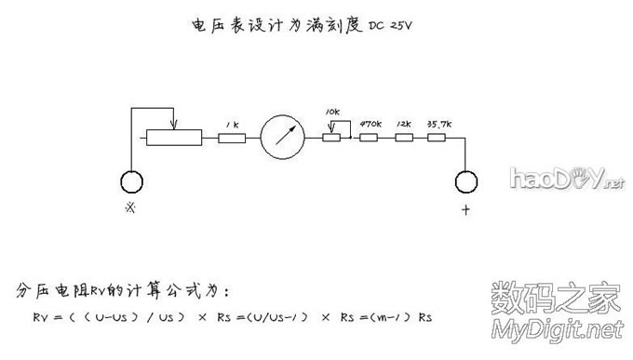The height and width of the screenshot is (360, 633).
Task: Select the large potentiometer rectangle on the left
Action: [x=174, y=138]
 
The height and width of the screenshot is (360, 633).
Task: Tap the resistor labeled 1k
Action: [x=232, y=138]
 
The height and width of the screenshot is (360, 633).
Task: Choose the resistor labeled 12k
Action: [x=403, y=138]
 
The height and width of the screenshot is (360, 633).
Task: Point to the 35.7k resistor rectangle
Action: [x=437, y=138]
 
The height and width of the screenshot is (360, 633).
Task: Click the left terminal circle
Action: [x=130, y=181]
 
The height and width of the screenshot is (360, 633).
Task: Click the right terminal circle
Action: [x=466, y=181]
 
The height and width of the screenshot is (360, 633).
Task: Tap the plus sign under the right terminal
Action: [x=465, y=210]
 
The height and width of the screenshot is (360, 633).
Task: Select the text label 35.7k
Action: [x=438, y=123]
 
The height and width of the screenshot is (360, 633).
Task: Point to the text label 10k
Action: [x=333, y=111]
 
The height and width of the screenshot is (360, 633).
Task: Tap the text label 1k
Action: [x=232, y=123]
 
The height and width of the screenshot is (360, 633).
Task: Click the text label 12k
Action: [x=403, y=123]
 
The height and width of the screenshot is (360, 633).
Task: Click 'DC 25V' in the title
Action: [x=389, y=24]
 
